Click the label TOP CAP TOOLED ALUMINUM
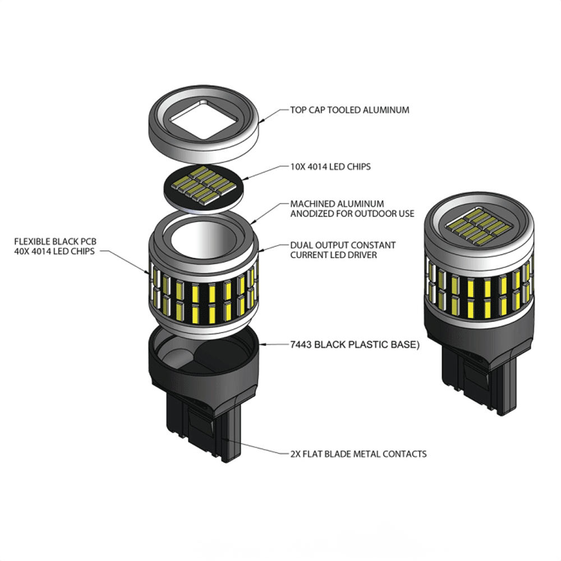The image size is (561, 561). coord(350,110)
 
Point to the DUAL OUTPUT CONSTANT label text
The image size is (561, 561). coord(342,245)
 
